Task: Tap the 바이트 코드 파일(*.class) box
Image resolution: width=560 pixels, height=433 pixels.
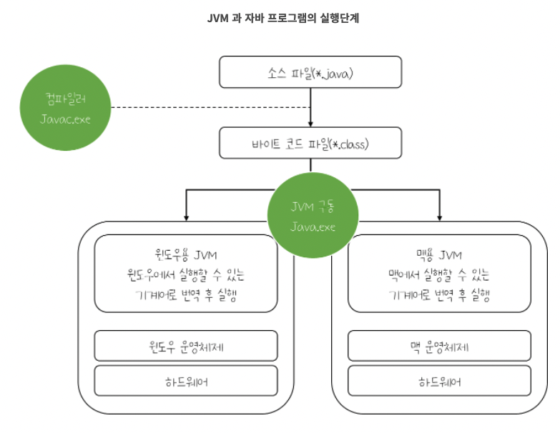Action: click(310, 143)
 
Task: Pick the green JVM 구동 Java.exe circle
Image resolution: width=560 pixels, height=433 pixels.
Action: click(313, 216)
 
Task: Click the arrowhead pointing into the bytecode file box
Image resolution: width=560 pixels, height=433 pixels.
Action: click(311, 122)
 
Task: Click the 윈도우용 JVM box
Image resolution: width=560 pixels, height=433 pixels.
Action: click(186, 274)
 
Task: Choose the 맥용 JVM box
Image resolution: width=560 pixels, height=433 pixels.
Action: click(439, 274)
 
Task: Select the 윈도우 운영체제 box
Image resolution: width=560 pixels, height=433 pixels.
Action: click(186, 347)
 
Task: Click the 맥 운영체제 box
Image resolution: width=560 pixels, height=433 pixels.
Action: click(439, 347)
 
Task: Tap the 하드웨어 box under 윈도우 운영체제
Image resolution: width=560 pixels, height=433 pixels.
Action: click(186, 381)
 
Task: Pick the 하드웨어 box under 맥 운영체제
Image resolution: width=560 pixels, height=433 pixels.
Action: click(439, 381)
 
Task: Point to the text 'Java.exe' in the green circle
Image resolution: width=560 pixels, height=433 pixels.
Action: click(313, 227)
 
